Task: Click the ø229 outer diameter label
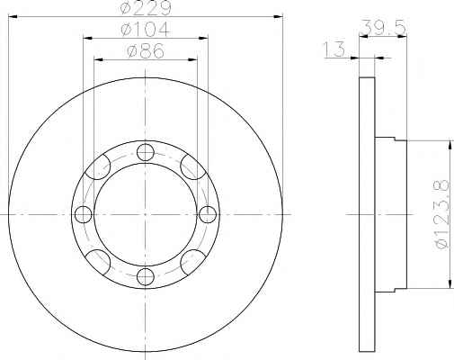[x=146, y=7]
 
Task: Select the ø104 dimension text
[x=146, y=30]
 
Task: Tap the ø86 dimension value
[x=146, y=51]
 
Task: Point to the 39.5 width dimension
[x=384, y=27]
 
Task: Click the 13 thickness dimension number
[x=334, y=49]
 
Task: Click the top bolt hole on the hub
[x=146, y=152]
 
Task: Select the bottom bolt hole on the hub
[x=146, y=276]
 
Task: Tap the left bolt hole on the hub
[x=83, y=214]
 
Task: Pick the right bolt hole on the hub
[x=208, y=214]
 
